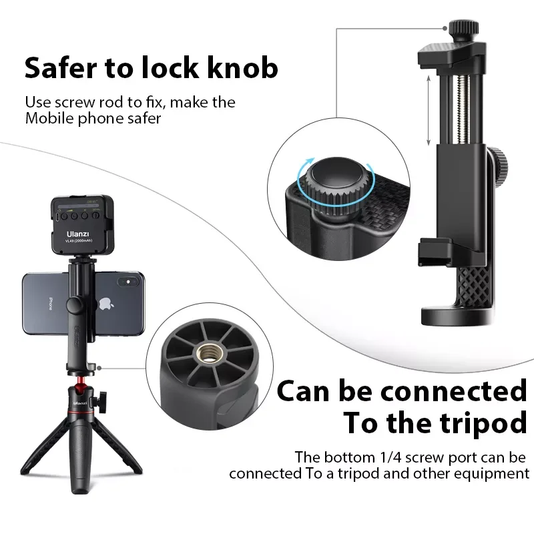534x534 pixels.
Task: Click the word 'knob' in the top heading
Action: click(242, 67)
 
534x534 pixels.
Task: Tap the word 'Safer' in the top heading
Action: click(61, 67)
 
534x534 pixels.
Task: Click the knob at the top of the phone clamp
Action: click(463, 28)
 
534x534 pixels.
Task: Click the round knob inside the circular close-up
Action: click(336, 184)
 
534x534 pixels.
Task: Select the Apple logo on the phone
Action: click(106, 304)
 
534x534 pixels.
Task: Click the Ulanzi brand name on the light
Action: click(77, 234)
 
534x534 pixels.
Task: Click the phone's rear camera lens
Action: click(128, 282)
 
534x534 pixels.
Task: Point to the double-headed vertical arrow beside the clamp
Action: click(429, 110)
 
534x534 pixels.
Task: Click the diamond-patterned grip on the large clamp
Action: click(474, 287)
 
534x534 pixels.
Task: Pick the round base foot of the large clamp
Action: click(456, 316)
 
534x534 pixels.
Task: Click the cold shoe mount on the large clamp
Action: click(435, 252)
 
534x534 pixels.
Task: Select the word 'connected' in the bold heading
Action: click(454, 392)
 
